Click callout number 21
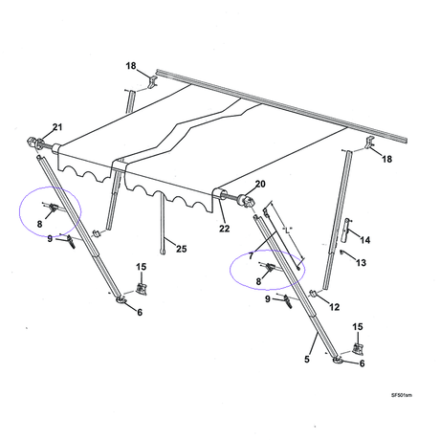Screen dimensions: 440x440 pos(57,127)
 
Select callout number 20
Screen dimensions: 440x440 pos(260,184)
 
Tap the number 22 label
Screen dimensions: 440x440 pos(224,229)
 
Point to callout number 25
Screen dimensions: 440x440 pos(182,249)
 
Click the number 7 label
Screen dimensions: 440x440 pos(251,255)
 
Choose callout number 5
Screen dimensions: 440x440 pos(307,359)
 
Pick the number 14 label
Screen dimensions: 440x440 pos(365,240)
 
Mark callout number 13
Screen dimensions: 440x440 pos(361,263)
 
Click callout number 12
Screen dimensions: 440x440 pos(334,307)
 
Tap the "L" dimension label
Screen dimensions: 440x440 pos(288,230)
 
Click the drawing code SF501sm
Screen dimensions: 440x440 pos(402,395)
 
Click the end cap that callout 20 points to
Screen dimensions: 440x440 pos(248,201)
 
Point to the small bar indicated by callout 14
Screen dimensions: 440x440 pos(345,230)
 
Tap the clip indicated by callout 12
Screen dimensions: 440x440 pos(313,294)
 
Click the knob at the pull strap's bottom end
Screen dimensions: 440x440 pos(164,252)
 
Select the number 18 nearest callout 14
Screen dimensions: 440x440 pos(387,159)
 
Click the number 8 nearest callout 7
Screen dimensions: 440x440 pos(258,281)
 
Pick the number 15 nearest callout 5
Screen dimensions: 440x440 pos(358,327)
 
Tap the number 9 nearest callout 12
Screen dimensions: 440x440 pos(268,299)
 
